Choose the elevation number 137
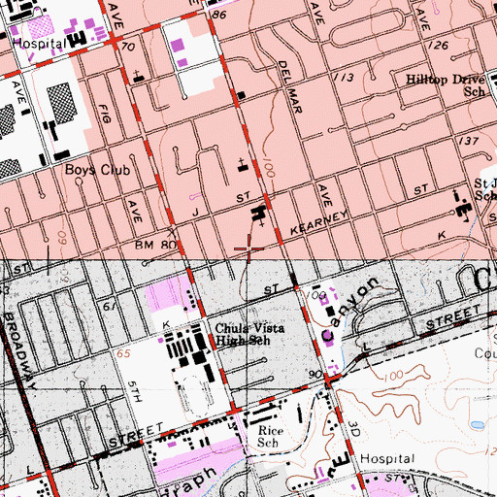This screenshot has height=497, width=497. click(x=471, y=142)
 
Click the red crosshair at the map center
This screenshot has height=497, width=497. click(x=248, y=249)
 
